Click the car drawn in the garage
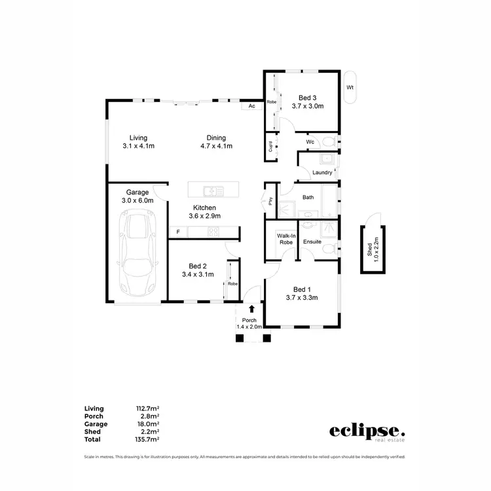(x=137, y=255)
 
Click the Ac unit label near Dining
(x=251, y=106)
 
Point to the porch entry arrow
(x=251, y=309)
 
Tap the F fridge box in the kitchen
(x=177, y=232)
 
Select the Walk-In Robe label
(x=285, y=238)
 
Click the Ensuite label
(x=312, y=242)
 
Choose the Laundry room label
(x=322, y=173)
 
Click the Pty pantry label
(x=270, y=201)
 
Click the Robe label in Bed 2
(x=232, y=284)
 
